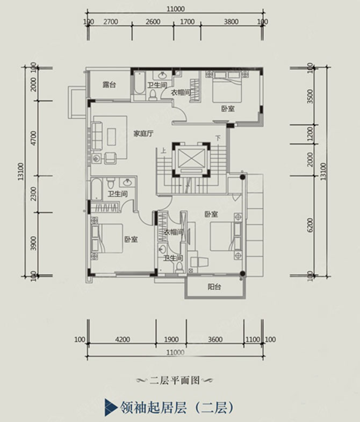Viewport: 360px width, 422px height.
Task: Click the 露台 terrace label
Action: [x=110, y=85]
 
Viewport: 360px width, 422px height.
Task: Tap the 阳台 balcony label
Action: [x=214, y=287]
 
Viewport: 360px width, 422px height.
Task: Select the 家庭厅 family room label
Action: [x=144, y=134]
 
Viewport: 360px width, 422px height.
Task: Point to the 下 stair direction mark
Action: [x=218, y=138]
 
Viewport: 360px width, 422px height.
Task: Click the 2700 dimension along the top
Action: [x=110, y=22]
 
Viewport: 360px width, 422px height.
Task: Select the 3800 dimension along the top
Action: [x=231, y=22]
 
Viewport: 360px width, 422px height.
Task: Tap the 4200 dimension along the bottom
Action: [x=123, y=339]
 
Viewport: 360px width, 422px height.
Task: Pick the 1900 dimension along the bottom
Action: [x=171, y=339]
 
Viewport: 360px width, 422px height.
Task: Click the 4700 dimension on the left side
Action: [x=33, y=138]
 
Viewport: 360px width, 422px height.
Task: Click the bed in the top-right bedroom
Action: [x=226, y=88]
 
